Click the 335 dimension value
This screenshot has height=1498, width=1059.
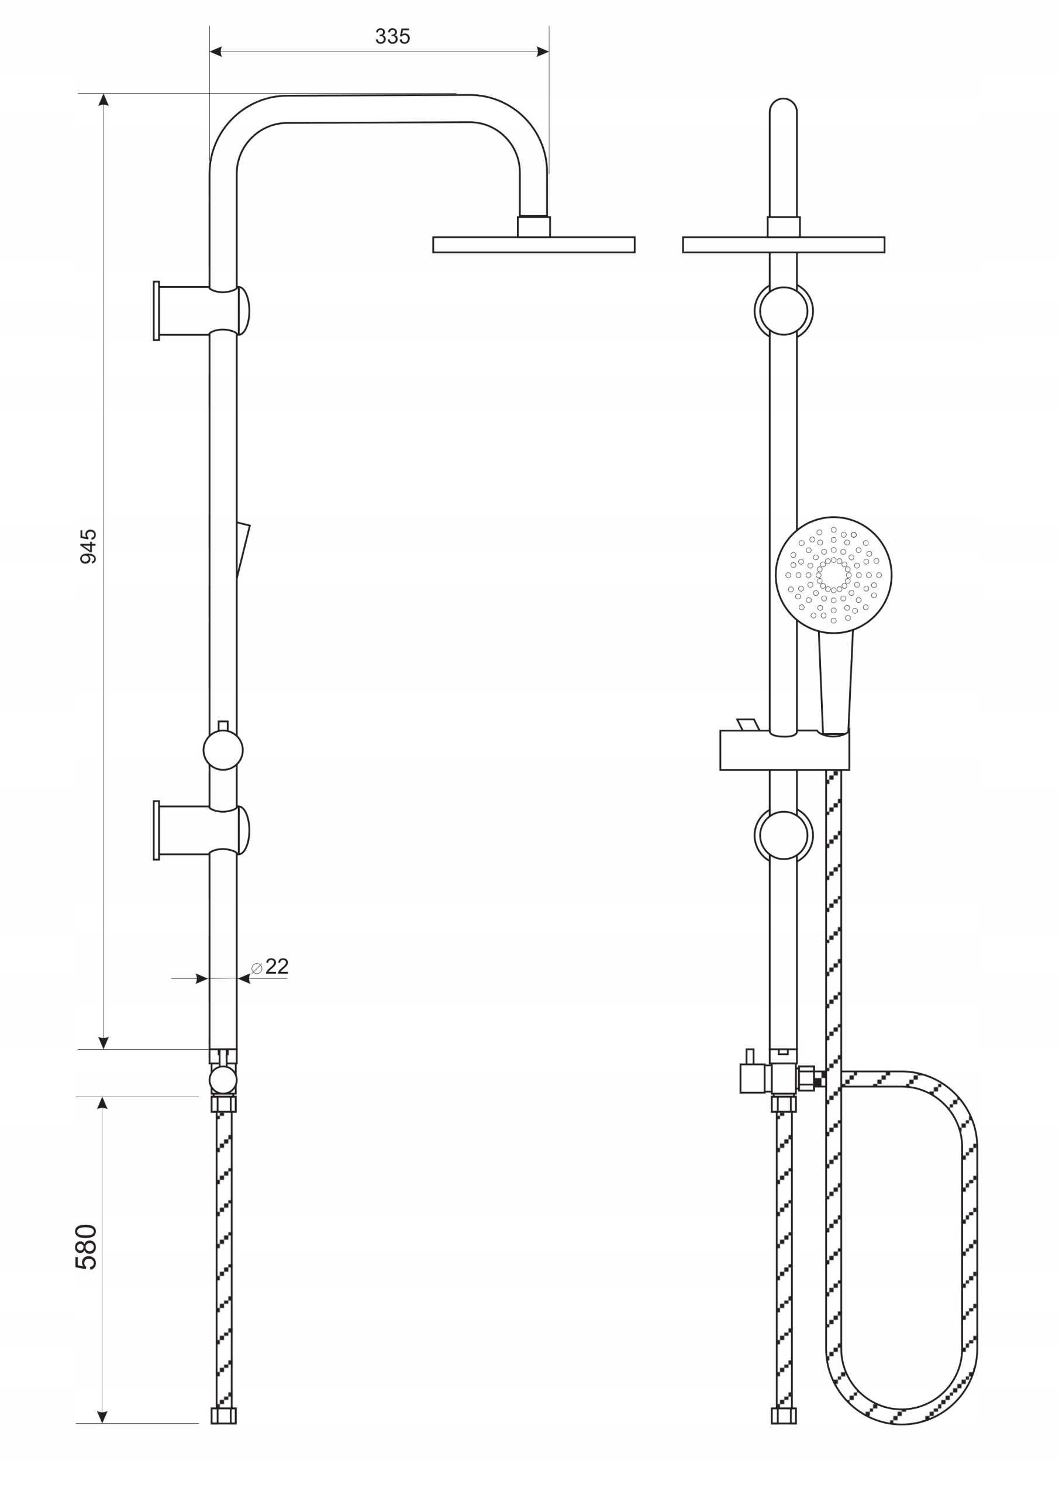[392, 36]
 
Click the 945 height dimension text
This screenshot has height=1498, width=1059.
[88, 546]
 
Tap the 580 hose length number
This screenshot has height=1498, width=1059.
[87, 1247]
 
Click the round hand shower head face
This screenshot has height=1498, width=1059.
[833, 575]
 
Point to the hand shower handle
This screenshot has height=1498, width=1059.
[836, 682]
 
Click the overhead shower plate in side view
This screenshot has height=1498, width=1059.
[533, 245]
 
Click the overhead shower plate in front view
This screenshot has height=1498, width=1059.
[783, 245]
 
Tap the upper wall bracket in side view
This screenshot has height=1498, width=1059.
[196, 311]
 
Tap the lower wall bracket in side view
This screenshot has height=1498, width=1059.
[196, 830]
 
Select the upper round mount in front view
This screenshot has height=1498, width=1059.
[783, 311]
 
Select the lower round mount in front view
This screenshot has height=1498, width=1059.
[783, 835]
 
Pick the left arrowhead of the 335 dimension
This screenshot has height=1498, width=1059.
[216, 51]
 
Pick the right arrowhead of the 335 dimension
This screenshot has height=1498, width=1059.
[543, 51]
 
